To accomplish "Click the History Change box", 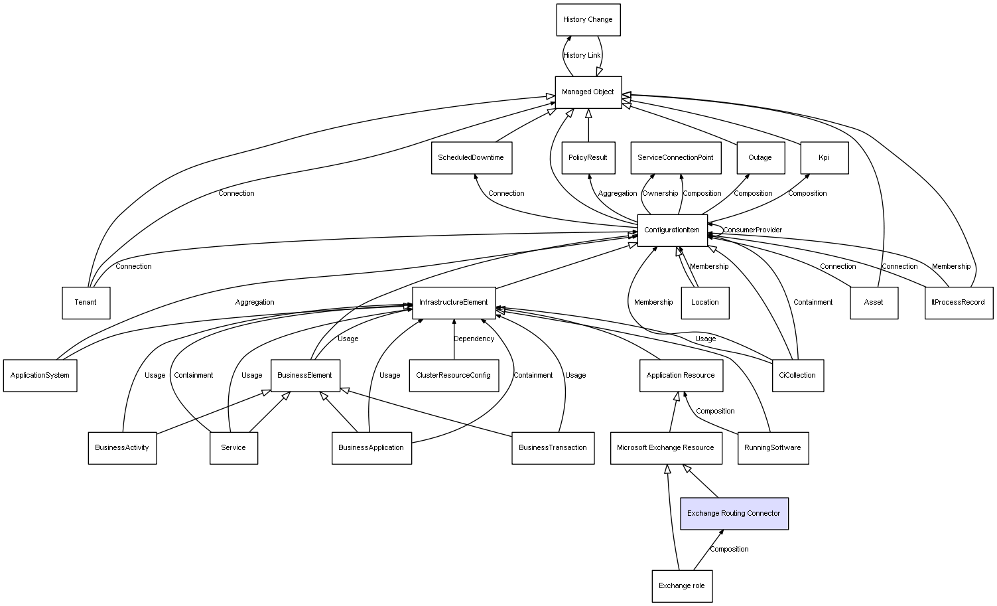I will [x=588, y=20].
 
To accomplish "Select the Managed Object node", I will [x=588, y=92].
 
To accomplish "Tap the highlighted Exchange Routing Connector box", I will [x=734, y=514].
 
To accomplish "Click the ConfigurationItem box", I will [x=672, y=230].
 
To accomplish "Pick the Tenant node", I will [x=86, y=303].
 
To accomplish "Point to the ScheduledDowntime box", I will [x=471, y=158].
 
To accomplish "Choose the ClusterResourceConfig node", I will [x=453, y=376].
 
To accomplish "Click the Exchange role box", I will [x=682, y=586].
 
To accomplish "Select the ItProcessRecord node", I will [x=959, y=303].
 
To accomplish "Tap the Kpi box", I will [x=824, y=158].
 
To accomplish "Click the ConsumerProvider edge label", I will [x=752, y=230].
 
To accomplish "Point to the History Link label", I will [x=582, y=56].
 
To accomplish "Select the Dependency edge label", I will [x=474, y=339].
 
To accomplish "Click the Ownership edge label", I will [x=660, y=194].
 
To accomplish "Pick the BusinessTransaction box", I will [x=553, y=448].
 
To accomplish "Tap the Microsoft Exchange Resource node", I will [x=665, y=448].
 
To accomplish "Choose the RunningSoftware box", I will [x=772, y=448].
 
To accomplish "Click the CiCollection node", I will [x=797, y=376].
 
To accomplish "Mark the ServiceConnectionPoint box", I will [x=675, y=158].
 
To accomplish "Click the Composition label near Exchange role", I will [x=729, y=550].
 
